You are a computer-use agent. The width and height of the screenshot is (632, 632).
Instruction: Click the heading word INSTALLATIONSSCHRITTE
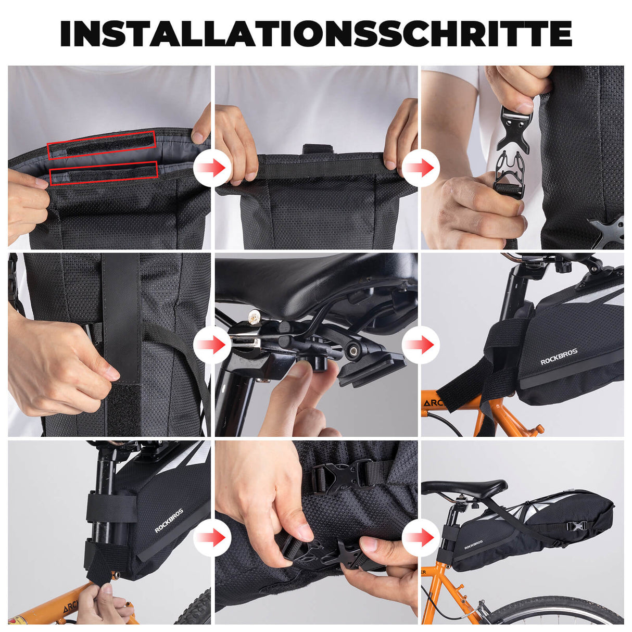(316, 34)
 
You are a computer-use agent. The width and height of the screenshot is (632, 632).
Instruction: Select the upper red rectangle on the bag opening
(102, 145)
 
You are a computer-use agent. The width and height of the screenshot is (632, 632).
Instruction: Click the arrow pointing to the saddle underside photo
(212, 345)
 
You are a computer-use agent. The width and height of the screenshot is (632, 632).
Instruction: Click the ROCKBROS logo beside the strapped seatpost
(169, 521)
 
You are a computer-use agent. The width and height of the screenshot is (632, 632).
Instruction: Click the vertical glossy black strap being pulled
(121, 318)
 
